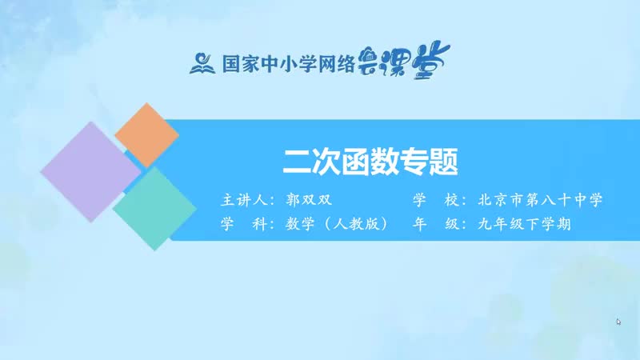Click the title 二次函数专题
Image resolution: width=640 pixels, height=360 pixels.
370,162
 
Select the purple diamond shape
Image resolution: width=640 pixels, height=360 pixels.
90,171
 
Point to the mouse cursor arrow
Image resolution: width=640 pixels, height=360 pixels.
618,322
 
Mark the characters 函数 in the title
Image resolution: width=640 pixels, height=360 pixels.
370,162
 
